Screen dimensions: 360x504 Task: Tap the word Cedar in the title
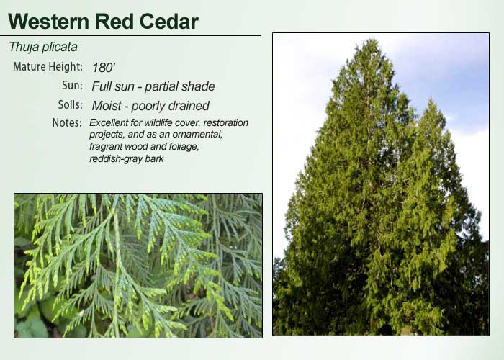[x=168, y=22]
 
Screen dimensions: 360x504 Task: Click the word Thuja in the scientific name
[x=24, y=48]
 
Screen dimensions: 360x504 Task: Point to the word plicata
[x=60, y=48]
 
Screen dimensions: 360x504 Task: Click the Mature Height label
[x=48, y=67]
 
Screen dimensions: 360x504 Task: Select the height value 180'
[x=104, y=68]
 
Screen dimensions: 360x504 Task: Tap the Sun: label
[x=72, y=86]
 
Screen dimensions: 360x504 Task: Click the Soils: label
[x=70, y=105]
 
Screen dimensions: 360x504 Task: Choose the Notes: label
[x=67, y=123]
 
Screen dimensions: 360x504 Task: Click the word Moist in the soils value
[x=107, y=106]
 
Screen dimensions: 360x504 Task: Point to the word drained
[x=189, y=106]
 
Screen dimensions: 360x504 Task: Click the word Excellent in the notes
[x=109, y=123]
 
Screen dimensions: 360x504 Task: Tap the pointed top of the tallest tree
[x=369, y=40]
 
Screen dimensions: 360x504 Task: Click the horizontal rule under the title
[x=130, y=35]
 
